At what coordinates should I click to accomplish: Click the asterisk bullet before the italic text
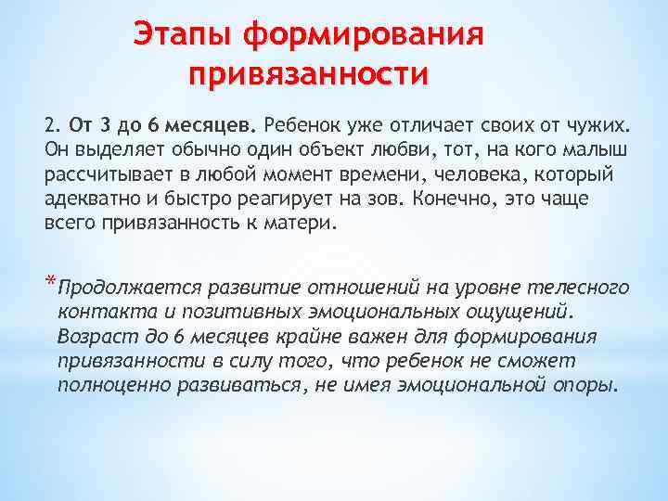pos(48,284)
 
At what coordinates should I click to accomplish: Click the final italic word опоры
pos(584,384)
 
